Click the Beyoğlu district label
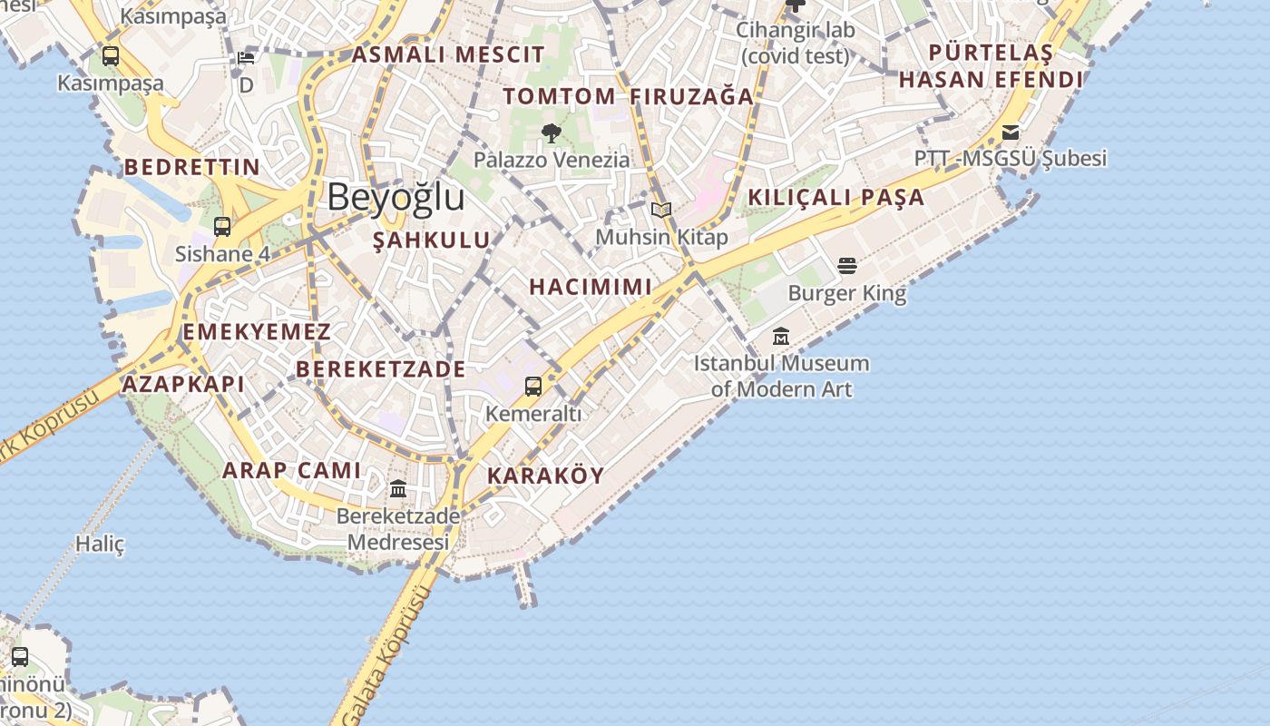[396, 197]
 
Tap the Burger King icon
[846, 266]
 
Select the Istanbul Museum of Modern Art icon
[781, 337]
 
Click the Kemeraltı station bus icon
[533, 387]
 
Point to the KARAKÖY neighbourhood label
[545, 476]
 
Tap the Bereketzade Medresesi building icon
[397, 490]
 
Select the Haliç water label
[100, 544]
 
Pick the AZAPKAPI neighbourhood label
[183, 384]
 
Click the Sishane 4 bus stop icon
[222, 227]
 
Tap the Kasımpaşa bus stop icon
[111, 56]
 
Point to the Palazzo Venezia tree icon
[551, 134]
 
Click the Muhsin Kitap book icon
[661, 211]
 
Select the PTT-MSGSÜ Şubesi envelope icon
[1011, 133]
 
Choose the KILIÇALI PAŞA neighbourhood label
[835, 198]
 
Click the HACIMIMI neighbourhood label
[591, 287]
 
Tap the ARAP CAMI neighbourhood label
[291, 470]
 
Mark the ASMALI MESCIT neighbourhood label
[448, 54]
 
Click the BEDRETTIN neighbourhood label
[192, 167]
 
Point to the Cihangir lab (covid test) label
[795, 43]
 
